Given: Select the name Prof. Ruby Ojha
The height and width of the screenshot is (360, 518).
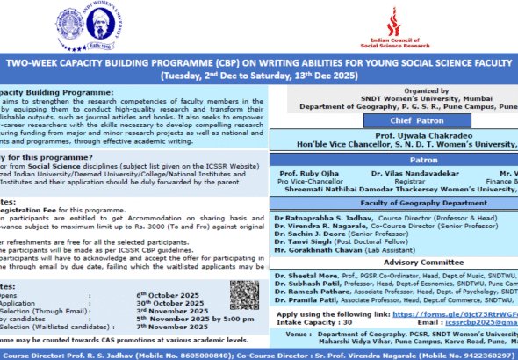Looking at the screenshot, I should (304, 173).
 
